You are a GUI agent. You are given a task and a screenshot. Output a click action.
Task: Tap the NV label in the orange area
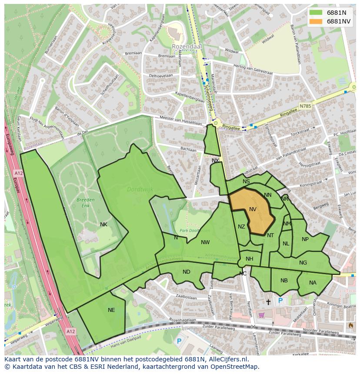253,209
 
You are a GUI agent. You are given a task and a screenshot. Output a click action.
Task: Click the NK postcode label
103,225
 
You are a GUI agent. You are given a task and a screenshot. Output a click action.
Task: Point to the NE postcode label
111,310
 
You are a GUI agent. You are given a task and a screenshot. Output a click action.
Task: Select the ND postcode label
186,272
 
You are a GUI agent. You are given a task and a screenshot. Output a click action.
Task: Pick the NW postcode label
205,242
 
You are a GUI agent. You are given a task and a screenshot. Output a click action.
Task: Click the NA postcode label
313,283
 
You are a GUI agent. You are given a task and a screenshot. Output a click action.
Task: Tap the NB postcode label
284,281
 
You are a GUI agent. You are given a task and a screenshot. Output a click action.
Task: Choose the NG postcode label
303,262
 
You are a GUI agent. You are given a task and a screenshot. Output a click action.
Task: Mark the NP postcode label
305,239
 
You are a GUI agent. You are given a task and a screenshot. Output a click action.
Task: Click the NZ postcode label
241,227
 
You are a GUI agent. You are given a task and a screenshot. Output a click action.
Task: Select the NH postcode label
249,259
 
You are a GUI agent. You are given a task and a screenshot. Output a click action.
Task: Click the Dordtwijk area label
137,189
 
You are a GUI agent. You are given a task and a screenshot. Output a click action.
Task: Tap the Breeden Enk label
85,202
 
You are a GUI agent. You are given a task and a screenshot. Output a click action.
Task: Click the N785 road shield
305,106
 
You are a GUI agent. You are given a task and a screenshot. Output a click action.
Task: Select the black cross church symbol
268,301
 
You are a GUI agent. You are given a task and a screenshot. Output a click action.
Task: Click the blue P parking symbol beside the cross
280,301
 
